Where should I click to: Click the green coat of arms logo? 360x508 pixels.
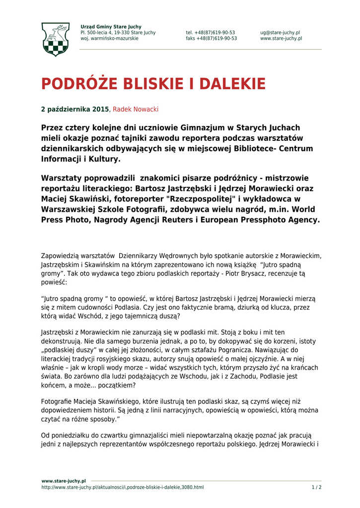[x=55, y=39]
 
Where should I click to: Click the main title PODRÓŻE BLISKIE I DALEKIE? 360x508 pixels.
[x=153, y=84]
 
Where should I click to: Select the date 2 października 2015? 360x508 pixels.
[x=74, y=109]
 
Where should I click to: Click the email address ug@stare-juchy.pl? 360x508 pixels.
[x=280, y=33]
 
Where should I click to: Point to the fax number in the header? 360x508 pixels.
[x=211, y=39]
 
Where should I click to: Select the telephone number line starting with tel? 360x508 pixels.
[x=211, y=33]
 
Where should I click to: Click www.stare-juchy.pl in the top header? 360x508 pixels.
[x=281, y=39]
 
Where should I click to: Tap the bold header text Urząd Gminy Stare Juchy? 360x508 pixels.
[x=111, y=27]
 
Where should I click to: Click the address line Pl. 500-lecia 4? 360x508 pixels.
[x=118, y=33]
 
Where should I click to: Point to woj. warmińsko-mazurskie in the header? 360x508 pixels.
[x=109, y=39]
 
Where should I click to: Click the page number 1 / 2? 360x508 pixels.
[x=316, y=487]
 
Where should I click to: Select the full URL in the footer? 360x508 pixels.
[x=122, y=487]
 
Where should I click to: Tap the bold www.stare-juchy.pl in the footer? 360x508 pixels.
[x=64, y=481]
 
